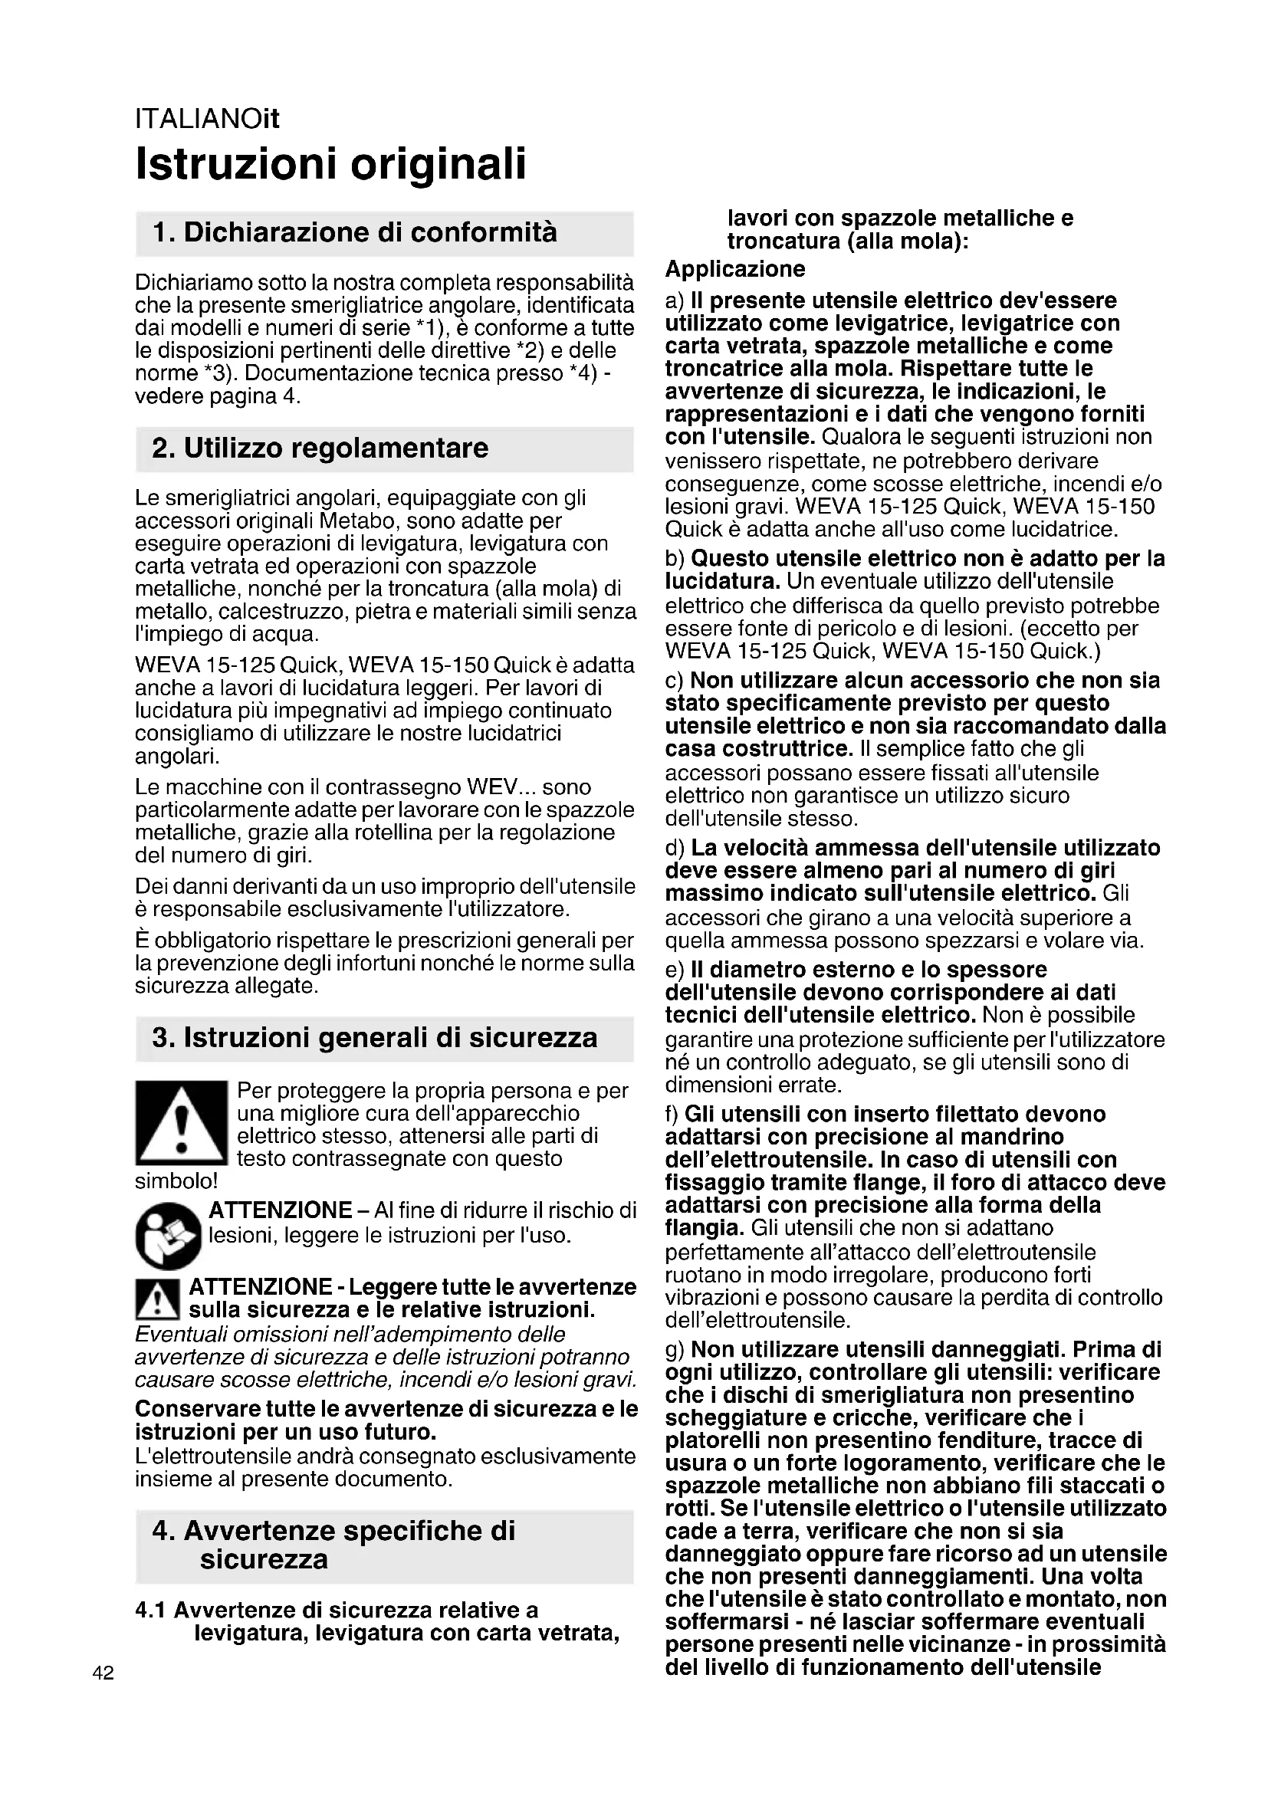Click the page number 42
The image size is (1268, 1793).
103,1673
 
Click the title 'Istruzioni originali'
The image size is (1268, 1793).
330,163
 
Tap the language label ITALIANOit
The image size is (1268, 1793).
207,120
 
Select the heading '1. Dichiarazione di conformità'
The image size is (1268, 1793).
355,233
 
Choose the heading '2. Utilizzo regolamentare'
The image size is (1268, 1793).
320,448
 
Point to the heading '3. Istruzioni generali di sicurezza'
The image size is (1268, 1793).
375,1038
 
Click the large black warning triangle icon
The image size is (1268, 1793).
180,1123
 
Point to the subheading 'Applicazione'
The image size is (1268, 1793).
734,269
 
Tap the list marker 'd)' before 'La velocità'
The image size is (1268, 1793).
675,848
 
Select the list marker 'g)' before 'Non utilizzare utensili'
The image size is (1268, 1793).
675,1349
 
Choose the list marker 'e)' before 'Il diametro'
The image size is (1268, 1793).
675,970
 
